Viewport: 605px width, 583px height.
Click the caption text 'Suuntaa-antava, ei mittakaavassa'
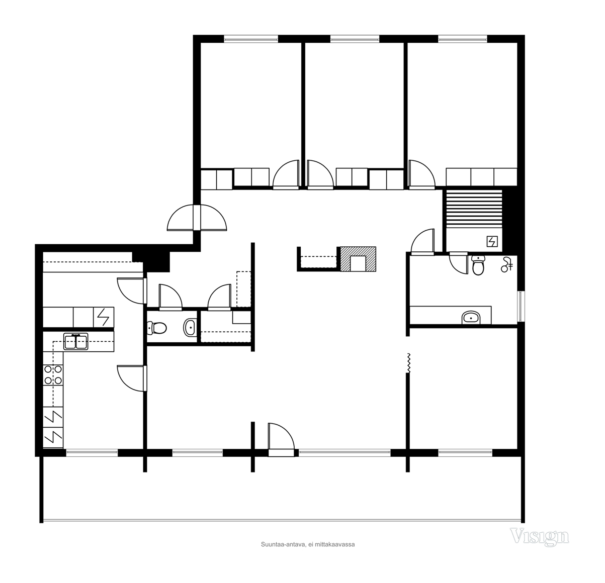click(x=308, y=544)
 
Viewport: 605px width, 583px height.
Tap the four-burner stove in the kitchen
click(x=53, y=375)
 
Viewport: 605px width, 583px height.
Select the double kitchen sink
click(x=76, y=341)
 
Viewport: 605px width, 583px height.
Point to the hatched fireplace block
click(x=358, y=259)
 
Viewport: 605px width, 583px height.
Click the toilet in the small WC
click(x=157, y=328)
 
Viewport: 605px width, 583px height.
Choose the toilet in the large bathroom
click(x=478, y=265)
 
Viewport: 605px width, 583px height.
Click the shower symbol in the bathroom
click(x=507, y=265)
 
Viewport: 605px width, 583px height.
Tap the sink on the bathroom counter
click(x=471, y=318)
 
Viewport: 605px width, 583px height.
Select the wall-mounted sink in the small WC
click(x=190, y=327)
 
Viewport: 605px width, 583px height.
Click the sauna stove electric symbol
click(x=492, y=241)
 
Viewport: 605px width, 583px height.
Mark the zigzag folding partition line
click(x=409, y=363)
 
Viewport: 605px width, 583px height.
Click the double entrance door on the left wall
click(x=197, y=218)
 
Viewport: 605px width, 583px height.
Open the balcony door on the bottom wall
click(x=281, y=440)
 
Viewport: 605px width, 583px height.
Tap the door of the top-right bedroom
click(x=422, y=175)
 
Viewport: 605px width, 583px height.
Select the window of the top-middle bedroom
click(x=355, y=39)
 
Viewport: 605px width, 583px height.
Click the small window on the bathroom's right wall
click(x=521, y=306)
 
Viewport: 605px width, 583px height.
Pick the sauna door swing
click(x=422, y=242)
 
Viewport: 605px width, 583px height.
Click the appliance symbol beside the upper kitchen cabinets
click(x=104, y=317)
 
